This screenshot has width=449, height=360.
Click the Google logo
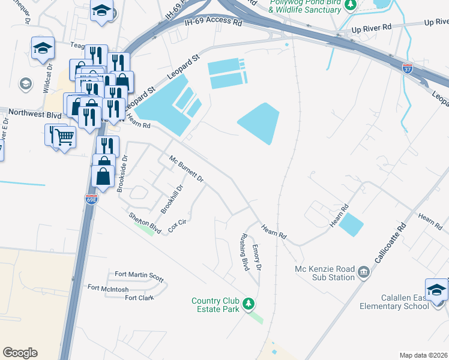(20, 352)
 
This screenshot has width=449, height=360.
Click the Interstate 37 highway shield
(408, 68)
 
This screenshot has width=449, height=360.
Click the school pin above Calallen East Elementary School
(436, 289)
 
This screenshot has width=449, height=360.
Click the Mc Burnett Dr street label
(187, 170)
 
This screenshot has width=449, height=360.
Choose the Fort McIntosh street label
(108, 288)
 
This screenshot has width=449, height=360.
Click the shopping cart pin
(64, 137)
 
